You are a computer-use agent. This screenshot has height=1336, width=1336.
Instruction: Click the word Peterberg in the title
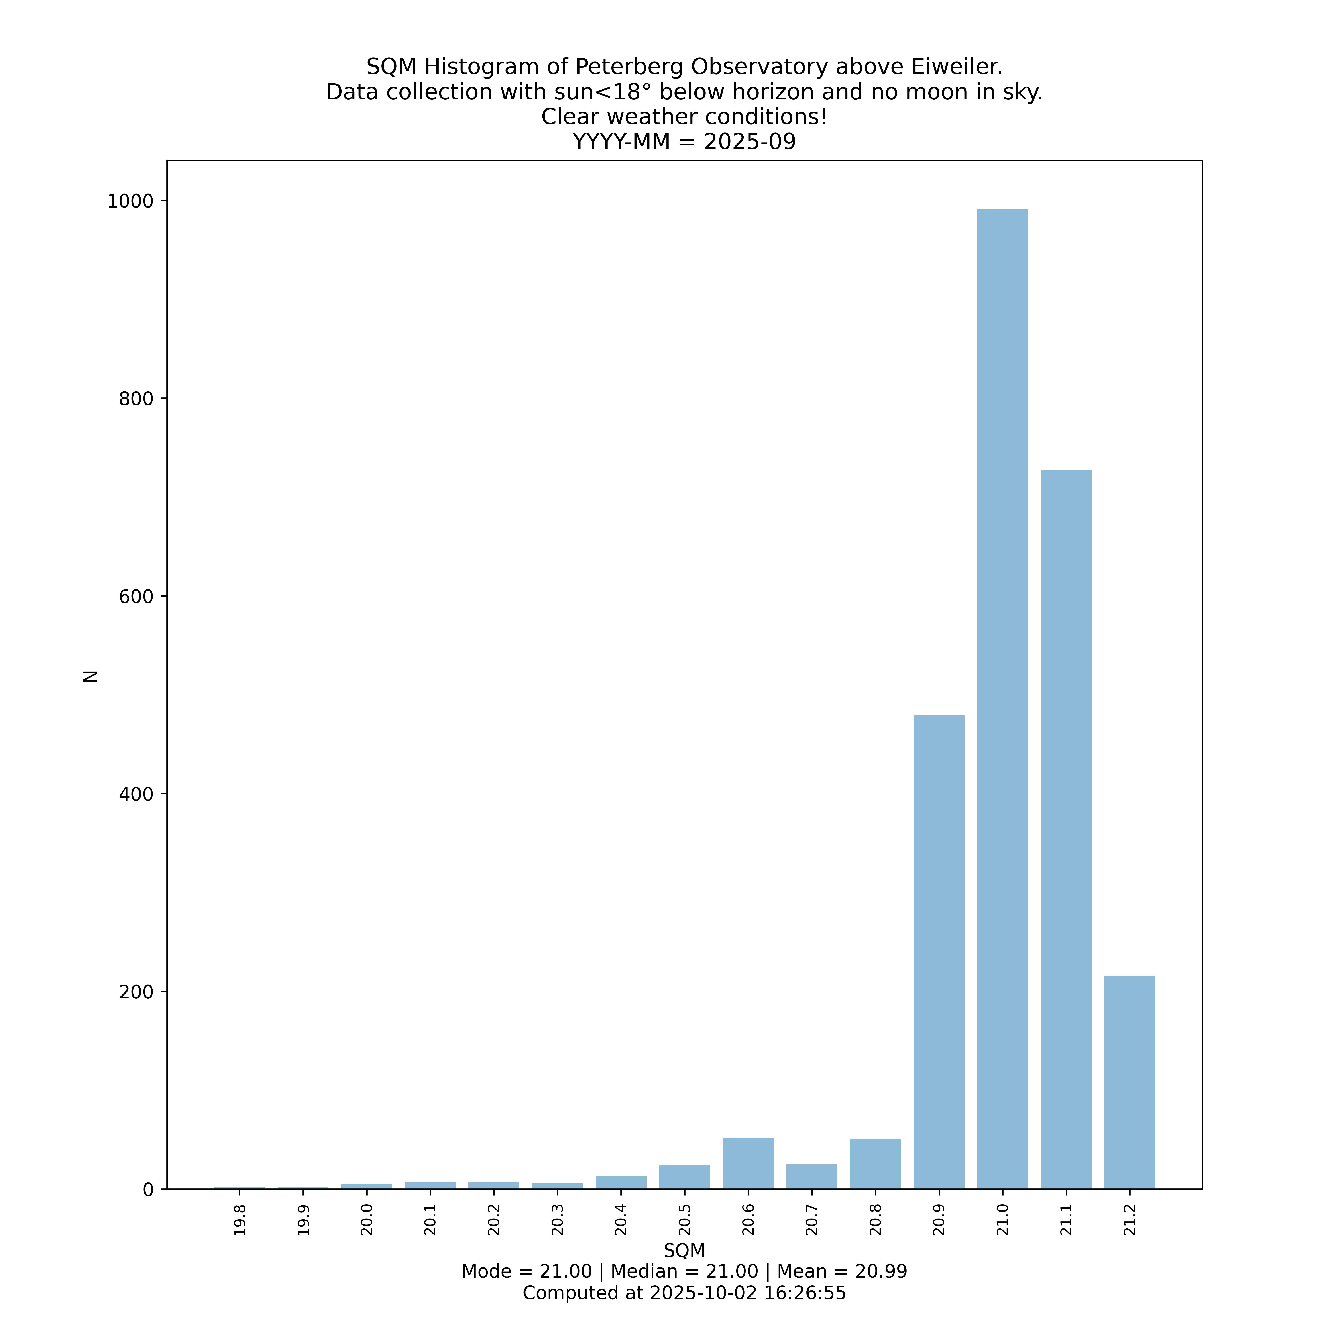[x=630, y=67]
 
